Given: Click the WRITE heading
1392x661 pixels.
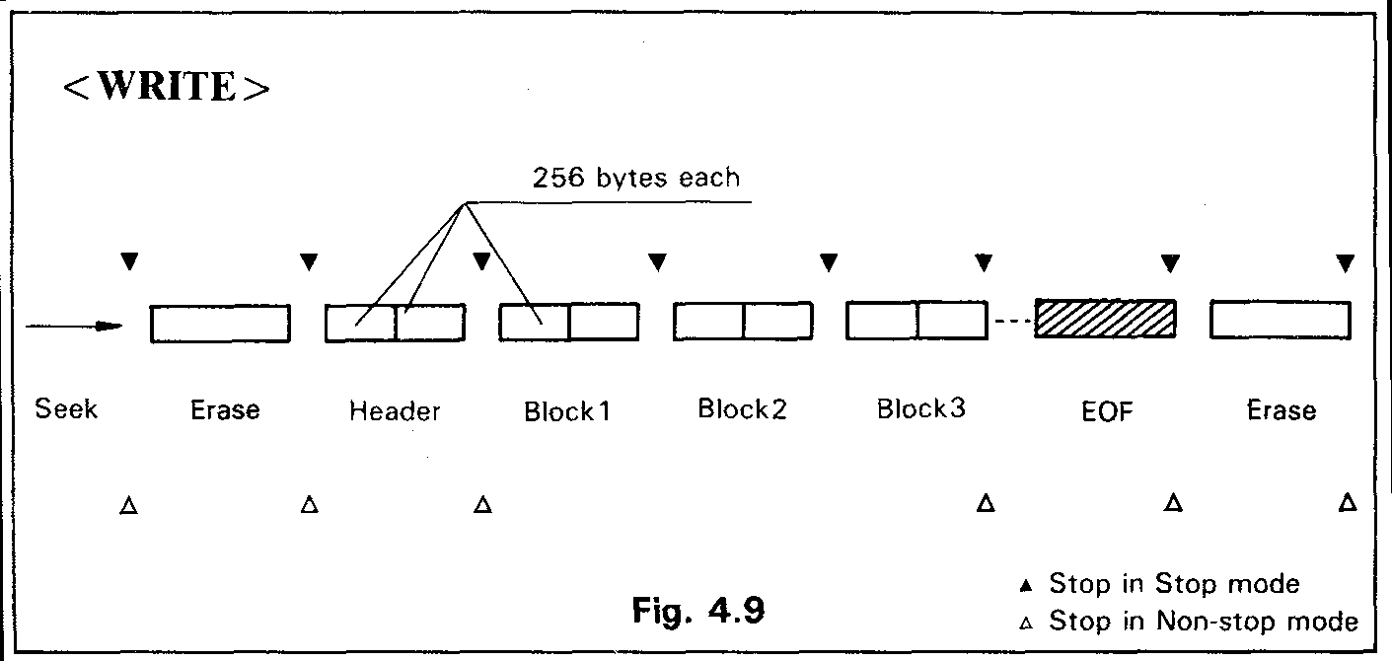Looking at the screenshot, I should point(166,87).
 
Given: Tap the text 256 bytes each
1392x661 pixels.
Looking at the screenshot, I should point(635,179).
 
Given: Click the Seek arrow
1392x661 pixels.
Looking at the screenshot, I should point(74,327).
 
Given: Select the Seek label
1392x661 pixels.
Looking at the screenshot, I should point(66,408).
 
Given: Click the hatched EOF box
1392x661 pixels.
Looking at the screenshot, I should point(1104,320).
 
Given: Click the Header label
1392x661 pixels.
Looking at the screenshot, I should point(395,411).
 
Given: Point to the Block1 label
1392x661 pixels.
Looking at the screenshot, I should point(567,411).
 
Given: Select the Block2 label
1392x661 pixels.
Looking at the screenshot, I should point(742,409).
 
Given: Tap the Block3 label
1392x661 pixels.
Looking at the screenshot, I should point(921,409).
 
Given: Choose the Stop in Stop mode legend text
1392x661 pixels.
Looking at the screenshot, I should point(1174,584).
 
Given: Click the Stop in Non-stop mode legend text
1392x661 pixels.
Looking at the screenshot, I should point(1204,622).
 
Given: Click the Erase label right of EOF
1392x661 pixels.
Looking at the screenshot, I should point(1281,410).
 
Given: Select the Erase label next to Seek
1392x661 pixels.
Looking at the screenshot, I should point(224,410).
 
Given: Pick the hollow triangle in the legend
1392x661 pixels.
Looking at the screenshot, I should point(1026,624).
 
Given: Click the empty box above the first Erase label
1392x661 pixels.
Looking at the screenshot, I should point(220,324).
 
